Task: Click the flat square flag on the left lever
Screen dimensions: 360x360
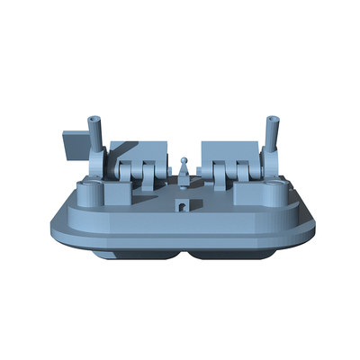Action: (x=72, y=144)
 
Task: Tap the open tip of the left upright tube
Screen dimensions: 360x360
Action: (x=93, y=119)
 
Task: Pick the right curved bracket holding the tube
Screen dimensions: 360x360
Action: (x=267, y=165)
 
